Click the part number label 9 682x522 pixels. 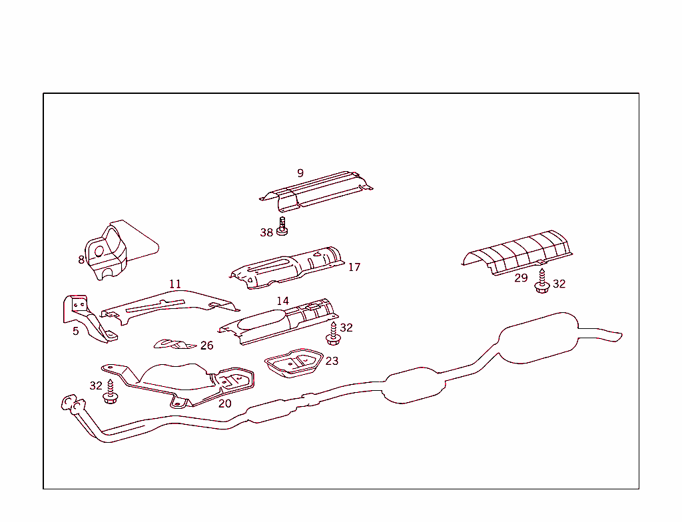(300, 173)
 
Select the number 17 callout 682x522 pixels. (354, 267)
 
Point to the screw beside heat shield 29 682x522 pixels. (541, 283)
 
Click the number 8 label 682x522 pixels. (81, 260)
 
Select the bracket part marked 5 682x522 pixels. (87, 318)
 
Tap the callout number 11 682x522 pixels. (174, 284)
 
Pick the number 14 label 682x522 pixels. (283, 301)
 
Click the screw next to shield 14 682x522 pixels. (333, 334)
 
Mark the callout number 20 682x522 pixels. (225, 403)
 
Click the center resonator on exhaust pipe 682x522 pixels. (414, 386)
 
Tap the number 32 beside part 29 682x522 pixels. (559, 284)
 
